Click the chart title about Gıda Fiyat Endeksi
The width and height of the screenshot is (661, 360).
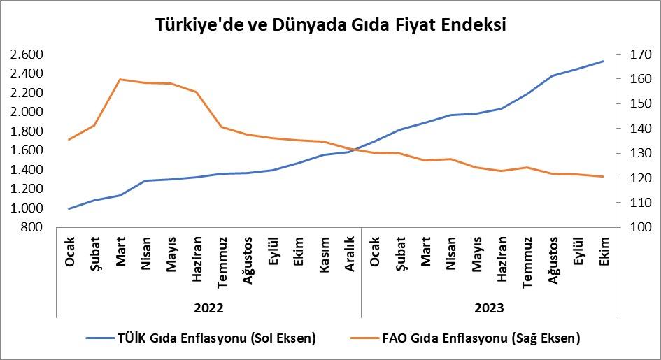click(330, 24)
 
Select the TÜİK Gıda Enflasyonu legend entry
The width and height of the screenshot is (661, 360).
click(201, 338)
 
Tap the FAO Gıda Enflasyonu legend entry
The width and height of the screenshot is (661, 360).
click(464, 338)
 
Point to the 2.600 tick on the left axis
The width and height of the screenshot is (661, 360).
click(27, 54)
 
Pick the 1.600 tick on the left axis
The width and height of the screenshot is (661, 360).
click(27, 150)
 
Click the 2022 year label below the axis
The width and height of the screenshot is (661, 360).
click(208, 308)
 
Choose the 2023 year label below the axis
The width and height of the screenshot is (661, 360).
click(488, 308)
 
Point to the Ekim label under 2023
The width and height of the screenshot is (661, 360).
click(604, 250)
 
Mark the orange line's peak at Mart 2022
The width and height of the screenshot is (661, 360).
click(120, 79)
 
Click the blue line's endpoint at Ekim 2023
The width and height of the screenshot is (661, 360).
click(604, 61)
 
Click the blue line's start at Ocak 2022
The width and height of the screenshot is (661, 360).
click(69, 208)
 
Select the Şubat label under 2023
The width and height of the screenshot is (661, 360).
click(400, 252)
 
